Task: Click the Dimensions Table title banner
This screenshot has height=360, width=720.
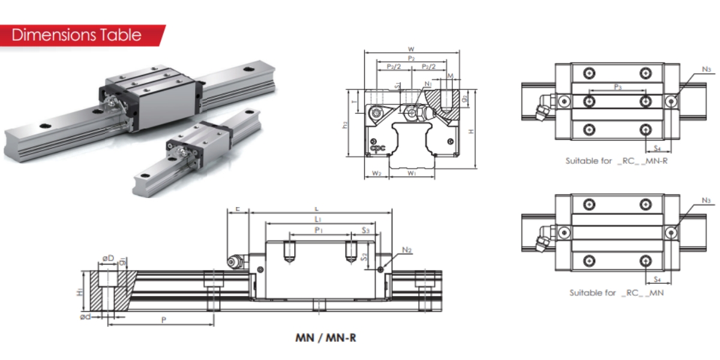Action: tap(77, 35)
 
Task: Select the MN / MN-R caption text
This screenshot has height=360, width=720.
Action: tap(326, 338)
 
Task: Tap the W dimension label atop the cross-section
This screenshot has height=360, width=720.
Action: tap(411, 49)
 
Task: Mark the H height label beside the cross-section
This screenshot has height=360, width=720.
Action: tap(472, 131)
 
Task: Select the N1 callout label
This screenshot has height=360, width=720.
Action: tap(428, 84)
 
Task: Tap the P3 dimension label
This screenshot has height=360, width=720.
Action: tap(617, 87)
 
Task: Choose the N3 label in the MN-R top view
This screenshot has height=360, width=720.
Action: tap(706, 70)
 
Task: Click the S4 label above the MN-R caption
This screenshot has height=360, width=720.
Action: tap(657, 148)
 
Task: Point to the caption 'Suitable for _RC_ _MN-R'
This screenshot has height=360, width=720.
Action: tap(616, 161)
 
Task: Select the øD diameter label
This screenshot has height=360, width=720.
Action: tap(108, 259)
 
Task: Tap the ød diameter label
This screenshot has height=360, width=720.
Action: tap(85, 316)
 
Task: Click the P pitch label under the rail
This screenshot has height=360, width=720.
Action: tap(163, 320)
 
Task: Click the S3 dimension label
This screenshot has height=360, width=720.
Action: tap(365, 230)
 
